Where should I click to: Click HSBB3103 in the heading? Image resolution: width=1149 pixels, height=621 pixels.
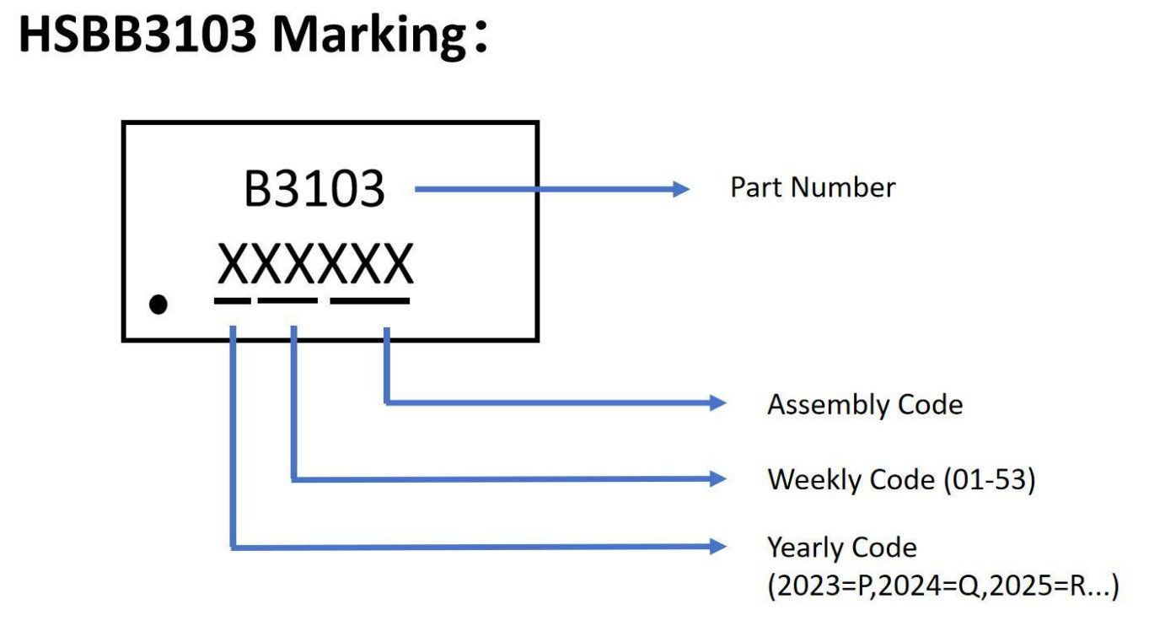point(136,37)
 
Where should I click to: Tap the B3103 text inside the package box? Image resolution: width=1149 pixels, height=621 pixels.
point(314,190)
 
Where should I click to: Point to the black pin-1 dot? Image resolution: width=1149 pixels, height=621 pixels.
point(158,304)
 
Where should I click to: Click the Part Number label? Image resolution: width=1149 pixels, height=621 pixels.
point(812,187)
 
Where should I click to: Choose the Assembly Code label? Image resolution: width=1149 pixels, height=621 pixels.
point(864,405)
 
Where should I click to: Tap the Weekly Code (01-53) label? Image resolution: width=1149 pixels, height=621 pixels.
point(900,480)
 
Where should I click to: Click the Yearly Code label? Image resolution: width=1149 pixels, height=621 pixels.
point(840,548)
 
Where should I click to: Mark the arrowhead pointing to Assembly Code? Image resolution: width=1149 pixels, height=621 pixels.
point(717,403)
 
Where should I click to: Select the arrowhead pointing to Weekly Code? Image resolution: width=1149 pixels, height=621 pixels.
point(717,479)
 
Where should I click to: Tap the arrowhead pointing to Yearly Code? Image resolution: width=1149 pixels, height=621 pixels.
point(717,547)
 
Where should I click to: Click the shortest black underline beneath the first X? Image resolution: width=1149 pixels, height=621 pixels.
point(232,300)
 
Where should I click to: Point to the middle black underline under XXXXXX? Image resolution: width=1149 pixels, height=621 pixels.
point(287,300)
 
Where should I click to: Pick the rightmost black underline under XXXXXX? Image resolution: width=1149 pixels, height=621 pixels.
point(370,300)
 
